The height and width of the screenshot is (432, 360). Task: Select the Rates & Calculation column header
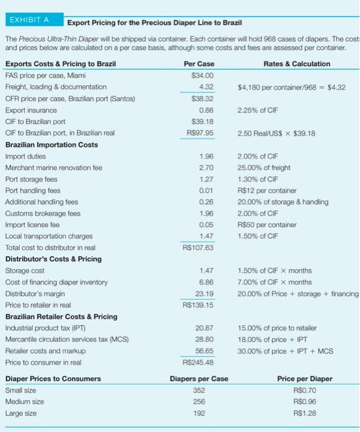pyautogui.click(x=296, y=64)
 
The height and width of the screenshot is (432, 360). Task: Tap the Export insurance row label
pyautogui.click(x=30, y=110)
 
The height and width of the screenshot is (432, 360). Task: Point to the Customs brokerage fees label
pyautogui.click(x=43, y=213)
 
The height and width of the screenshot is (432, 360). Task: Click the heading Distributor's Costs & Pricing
pyautogui.click(x=54, y=259)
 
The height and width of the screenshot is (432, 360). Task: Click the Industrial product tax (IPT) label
pyautogui.click(x=45, y=328)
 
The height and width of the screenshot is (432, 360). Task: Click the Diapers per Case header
pyautogui.click(x=198, y=378)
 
